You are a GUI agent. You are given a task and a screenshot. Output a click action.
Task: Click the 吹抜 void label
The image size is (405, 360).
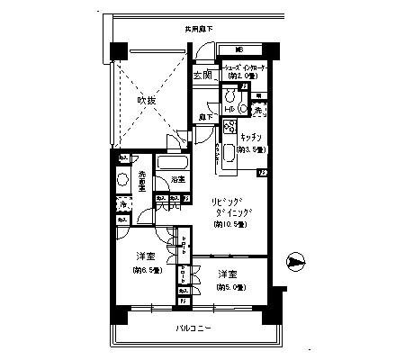[148, 101]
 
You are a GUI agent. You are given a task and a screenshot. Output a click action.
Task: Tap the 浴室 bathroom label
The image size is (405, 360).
[177, 179]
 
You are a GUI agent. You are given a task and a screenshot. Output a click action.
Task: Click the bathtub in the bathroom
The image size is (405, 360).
[171, 164]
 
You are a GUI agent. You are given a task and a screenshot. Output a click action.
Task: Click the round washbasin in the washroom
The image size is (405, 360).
[123, 178]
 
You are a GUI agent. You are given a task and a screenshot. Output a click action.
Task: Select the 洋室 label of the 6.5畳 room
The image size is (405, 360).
[143, 256]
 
